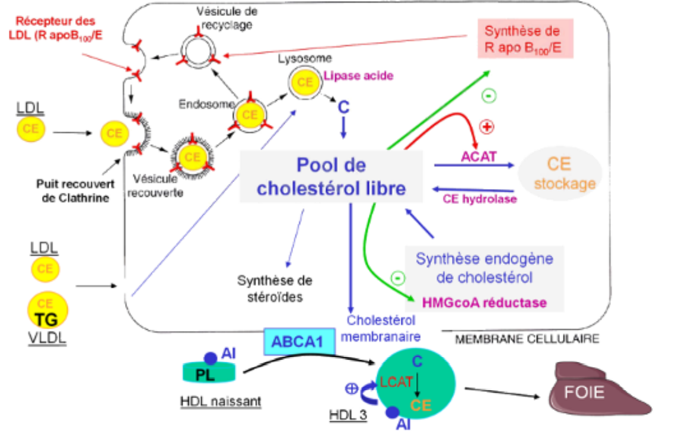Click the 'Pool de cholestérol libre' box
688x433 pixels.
click(331, 176)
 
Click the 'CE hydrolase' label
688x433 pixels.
click(480, 198)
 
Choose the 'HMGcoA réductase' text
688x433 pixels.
click(484, 302)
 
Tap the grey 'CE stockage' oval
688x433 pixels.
click(560, 173)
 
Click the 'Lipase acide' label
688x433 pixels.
click(358, 76)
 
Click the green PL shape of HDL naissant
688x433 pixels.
click(209, 372)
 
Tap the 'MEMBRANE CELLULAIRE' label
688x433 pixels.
click(526, 339)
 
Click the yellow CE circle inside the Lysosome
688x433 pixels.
click(305, 82)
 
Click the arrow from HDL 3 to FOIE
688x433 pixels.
click(498, 392)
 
